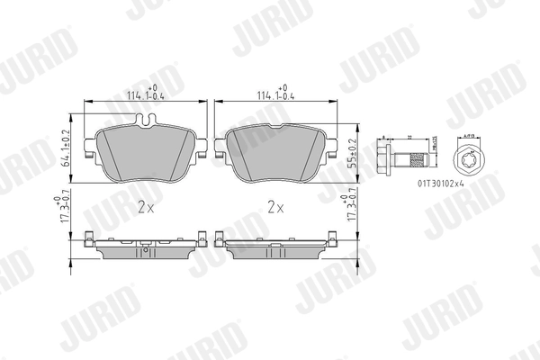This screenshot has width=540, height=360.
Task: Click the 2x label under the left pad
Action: coord(147,206)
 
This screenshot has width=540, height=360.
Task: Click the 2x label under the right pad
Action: coord(276,206)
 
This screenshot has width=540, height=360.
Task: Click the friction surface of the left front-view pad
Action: coord(144,153)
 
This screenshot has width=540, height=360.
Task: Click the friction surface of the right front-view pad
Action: coord(274,151)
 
